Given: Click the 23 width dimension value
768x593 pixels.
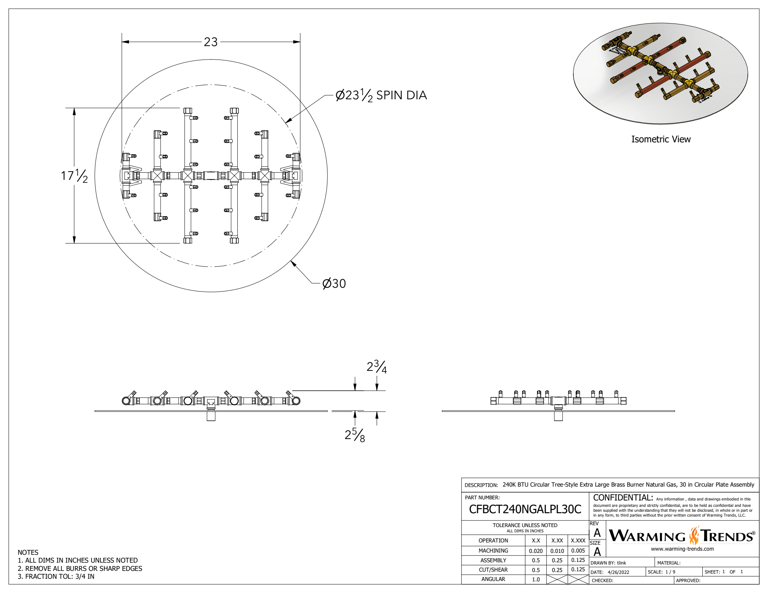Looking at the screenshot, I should (x=210, y=42).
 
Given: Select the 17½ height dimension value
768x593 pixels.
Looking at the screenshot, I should (x=74, y=175).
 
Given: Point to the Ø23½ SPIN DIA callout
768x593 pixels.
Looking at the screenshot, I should (x=381, y=95).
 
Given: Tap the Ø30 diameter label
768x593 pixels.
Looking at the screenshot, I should (x=334, y=284).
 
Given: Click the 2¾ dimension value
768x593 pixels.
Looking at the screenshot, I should (x=376, y=367).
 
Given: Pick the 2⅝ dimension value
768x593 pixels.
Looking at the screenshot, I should (x=355, y=435).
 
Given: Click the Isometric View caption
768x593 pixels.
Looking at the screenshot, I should (x=661, y=139).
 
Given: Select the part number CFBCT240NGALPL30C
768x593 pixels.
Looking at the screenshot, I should (x=525, y=509).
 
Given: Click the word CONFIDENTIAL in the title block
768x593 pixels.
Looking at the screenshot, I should (x=623, y=498).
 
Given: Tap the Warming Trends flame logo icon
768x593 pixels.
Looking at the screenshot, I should (x=694, y=536).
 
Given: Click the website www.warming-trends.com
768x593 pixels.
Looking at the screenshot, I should (x=682, y=549).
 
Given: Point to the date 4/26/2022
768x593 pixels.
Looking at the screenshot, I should (x=618, y=572).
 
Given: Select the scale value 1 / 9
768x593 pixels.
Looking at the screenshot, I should (x=670, y=572).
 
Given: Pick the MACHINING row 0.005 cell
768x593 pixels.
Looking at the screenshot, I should (x=578, y=551).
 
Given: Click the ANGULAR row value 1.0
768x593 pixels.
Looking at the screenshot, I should (x=536, y=580).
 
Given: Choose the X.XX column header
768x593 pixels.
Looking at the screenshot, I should (x=557, y=541).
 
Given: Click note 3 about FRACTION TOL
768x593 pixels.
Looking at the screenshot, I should (x=56, y=577).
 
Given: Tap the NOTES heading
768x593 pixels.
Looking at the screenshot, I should (x=28, y=553).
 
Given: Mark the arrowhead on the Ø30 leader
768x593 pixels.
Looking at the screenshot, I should (x=292, y=263).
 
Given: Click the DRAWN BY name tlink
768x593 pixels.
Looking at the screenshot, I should (x=621, y=563).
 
